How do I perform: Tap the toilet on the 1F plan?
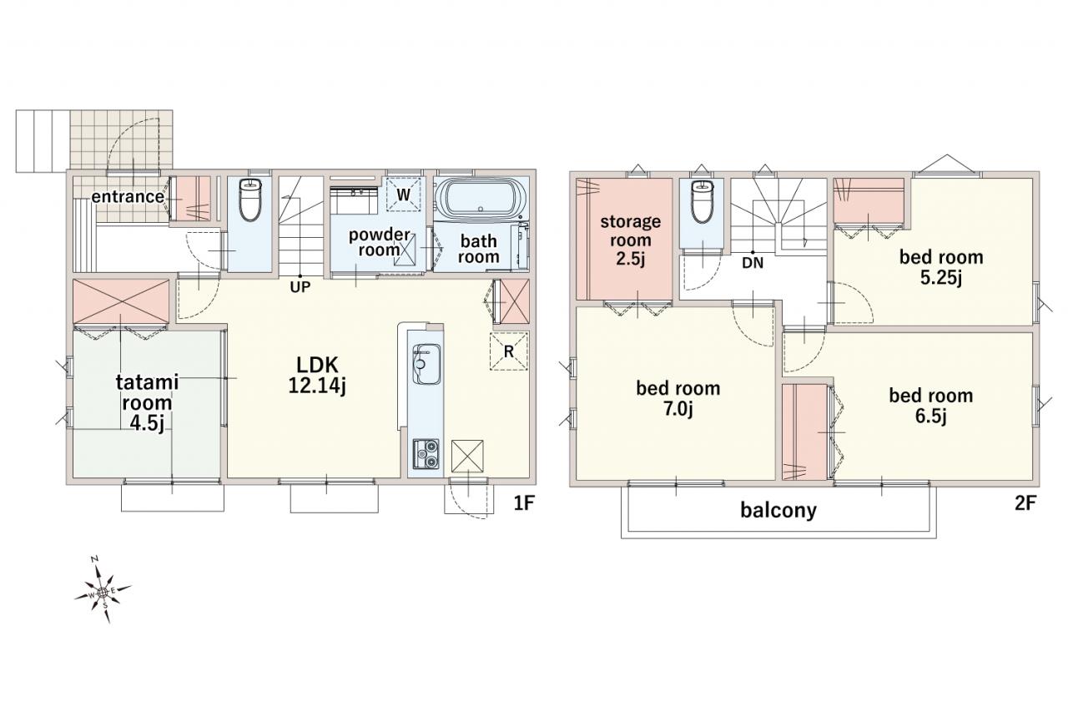[x=249, y=199]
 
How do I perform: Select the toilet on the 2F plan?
[x=702, y=202]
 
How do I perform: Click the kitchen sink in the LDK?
[x=426, y=363]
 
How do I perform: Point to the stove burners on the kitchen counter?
[x=426, y=453]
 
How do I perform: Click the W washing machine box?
[x=403, y=194]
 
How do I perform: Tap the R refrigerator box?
[x=509, y=351]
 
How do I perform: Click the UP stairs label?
[x=300, y=287]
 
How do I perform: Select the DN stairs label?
[x=753, y=263]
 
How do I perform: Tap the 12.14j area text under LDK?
[x=317, y=386]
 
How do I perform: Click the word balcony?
[x=778, y=511]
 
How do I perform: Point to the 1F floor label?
[x=525, y=503]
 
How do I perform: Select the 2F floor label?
[x=1025, y=503]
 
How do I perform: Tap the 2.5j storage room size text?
[x=630, y=259]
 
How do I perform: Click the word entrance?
[x=128, y=196]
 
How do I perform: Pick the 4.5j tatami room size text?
[x=147, y=423]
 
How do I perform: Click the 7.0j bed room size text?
[x=678, y=409]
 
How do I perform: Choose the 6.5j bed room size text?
[x=930, y=417]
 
